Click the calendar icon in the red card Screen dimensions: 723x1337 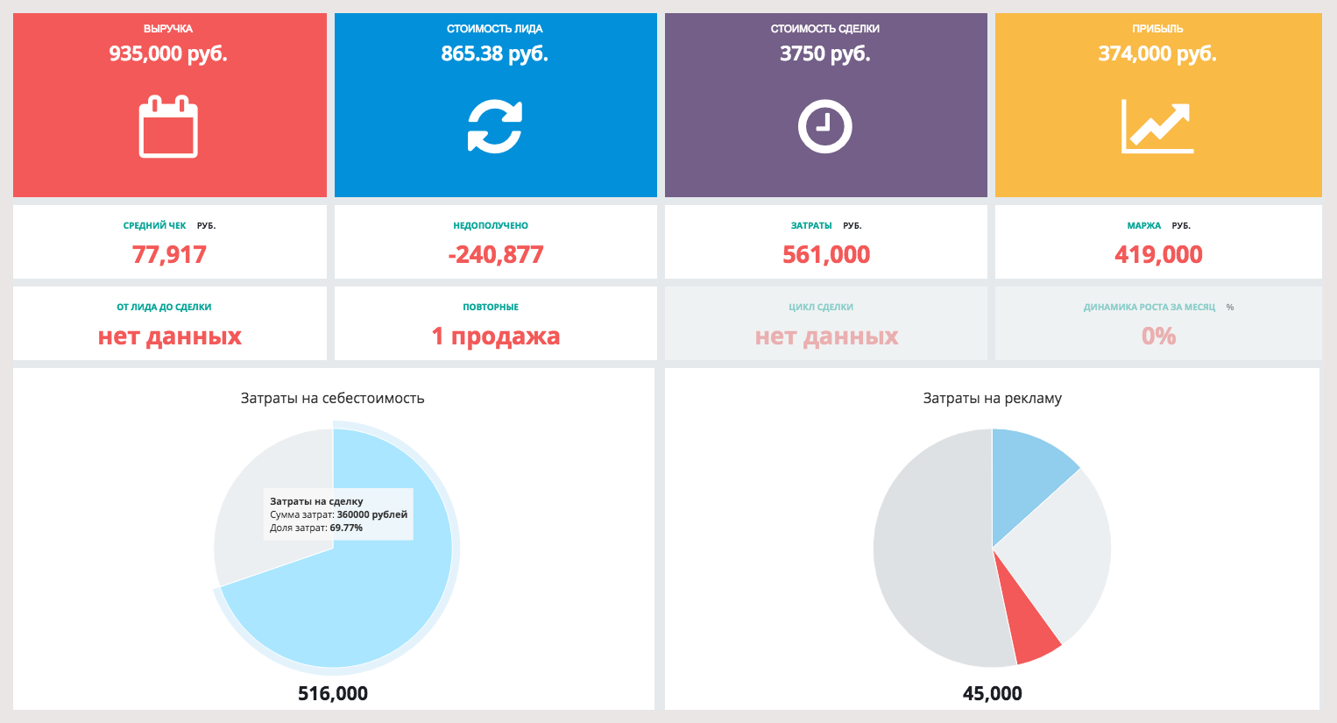tap(168, 128)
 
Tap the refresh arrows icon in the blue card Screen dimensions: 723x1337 tap(495, 127)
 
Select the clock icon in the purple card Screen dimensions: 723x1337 tap(825, 127)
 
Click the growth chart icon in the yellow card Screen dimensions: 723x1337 tap(1157, 127)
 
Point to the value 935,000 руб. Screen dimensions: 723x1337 tap(168, 54)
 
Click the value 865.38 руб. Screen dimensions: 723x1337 tap(495, 54)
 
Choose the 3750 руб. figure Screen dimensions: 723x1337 tap(825, 54)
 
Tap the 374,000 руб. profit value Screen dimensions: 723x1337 tap(1157, 54)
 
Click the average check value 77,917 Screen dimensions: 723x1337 tap(169, 255)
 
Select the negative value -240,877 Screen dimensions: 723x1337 tap(496, 255)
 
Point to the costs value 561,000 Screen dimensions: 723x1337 tap(826, 255)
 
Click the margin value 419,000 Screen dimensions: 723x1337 tap(1158, 255)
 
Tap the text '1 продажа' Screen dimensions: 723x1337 tap(496, 337)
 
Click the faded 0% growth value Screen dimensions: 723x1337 tap(1158, 337)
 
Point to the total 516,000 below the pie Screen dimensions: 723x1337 tap(333, 693)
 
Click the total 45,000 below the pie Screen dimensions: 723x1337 tap(992, 693)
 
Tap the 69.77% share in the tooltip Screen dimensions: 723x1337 tap(346, 528)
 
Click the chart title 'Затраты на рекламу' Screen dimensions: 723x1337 tap(992, 398)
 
